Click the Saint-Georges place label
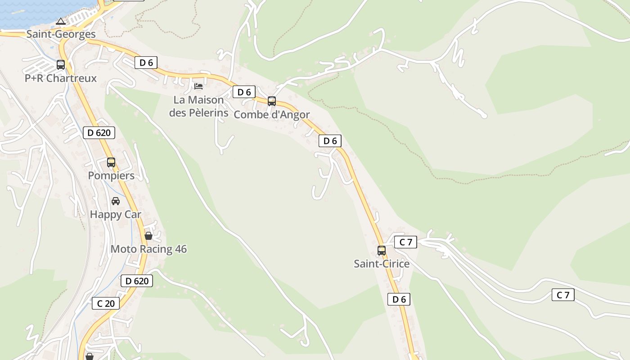tap(61, 34)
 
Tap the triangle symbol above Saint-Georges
tap(61, 21)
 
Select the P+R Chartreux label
tap(61, 78)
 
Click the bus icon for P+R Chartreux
tap(61, 64)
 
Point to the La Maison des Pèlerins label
tap(198, 106)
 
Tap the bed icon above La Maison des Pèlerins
tap(198, 86)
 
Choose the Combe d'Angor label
tap(272, 115)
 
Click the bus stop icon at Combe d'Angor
tap(272, 101)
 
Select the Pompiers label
tap(111, 176)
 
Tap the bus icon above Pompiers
tap(111, 162)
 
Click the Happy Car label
tap(116, 215)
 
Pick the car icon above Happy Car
tap(116, 201)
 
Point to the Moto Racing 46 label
tap(148, 249)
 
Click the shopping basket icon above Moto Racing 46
tap(148, 235)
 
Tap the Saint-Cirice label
tap(382, 264)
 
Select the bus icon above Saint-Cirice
tap(382, 250)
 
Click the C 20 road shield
tap(106, 303)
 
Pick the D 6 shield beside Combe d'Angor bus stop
tap(244, 92)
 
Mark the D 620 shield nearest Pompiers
tap(99, 133)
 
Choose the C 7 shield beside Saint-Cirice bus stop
tap(405, 242)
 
